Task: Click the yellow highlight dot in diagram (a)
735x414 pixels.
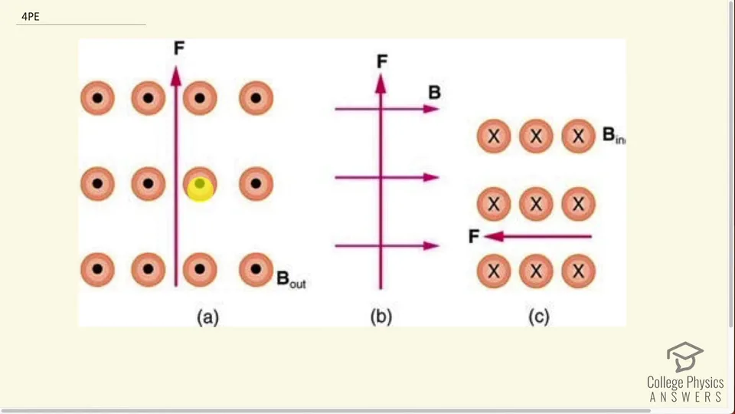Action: pyautogui.click(x=200, y=189)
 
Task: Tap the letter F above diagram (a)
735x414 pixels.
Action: pyautogui.click(x=179, y=48)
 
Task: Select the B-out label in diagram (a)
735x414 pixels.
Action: pyautogui.click(x=291, y=279)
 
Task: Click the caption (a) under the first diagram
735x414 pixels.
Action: pyautogui.click(x=207, y=317)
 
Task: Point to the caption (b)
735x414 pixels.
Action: pyautogui.click(x=381, y=317)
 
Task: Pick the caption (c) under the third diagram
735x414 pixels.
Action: pyautogui.click(x=538, y=317)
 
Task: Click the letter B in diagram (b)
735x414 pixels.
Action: pyautogui.click(x=435, y=93)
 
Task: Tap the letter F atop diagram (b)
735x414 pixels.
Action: pyautogui.click(x=382, y=61)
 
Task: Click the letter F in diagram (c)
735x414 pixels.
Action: pyautogui.click(x=474, y=236)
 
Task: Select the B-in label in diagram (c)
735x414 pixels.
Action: pyautogui.click(x=613, y=135)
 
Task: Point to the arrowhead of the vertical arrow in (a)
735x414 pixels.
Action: pyautogui.click(x=176, y=76)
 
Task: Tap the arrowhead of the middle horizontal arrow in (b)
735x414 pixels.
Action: pyautogui.click(x=431, y=177)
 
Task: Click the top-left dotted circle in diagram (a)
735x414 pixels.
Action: pyautogui.click(x=97, y=98)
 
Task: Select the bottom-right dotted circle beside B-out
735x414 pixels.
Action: pyautogui.click(x=256, y=269)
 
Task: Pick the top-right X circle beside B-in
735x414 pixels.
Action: pyautogui.click(x=579, y=136)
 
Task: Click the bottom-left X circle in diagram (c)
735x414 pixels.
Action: pyautogui.click(x=494, y=271)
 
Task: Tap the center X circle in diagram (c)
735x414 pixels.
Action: pyautogui.click(x=536, y=204)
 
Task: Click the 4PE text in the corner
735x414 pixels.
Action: pyautogui.click(x=31, y=16)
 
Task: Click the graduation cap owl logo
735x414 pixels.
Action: pyautogui.click(x=684, y=356)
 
